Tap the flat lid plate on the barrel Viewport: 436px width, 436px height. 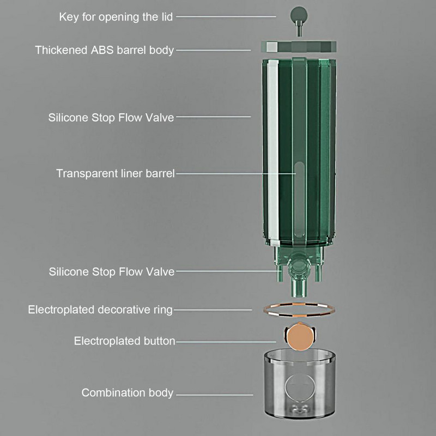tap(299, 46)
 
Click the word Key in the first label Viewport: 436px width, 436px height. tap(68, 17)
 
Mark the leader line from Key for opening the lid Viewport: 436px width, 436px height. tap(226, 17)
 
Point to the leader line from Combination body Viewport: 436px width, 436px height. tap(215, 393)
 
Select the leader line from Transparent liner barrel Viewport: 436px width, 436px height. tap(234, 174)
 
